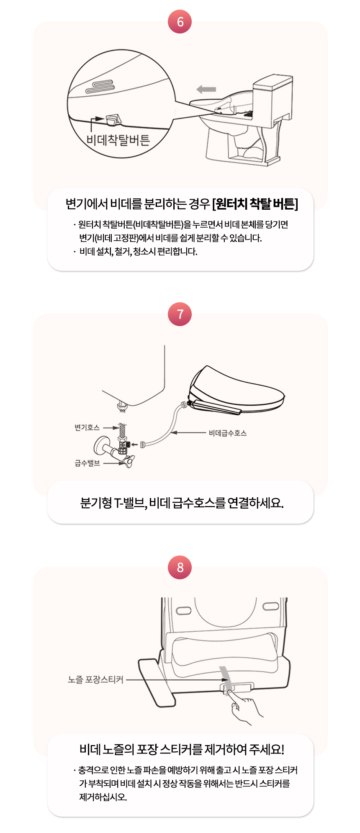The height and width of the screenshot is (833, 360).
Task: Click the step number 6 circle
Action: click(180, 21)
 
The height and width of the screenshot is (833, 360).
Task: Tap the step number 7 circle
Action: click(180, 314)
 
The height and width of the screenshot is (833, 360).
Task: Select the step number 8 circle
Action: click(180, 567)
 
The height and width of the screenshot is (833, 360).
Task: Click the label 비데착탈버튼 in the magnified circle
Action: click(118, 140)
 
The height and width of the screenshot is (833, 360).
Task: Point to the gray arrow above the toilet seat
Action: click(206, 89)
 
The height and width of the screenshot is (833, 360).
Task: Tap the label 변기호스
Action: click(87, 427)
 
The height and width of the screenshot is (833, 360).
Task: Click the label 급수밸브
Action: click(87, 463)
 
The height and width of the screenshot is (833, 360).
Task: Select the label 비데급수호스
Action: click(228, 433)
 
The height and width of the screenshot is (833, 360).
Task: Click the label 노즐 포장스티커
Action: click(96, 679)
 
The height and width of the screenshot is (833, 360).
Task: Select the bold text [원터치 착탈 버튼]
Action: click(255, 204)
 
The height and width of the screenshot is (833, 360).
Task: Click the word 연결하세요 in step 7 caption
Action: click(255, 502)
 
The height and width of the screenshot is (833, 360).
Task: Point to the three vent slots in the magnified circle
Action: click(100, 86)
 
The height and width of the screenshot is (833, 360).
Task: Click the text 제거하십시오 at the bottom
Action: click(103, 797)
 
